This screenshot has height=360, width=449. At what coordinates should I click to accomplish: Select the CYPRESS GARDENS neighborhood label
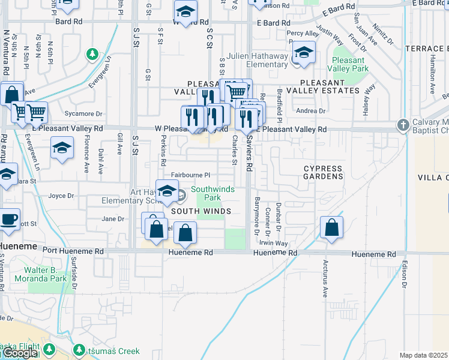point(323,173)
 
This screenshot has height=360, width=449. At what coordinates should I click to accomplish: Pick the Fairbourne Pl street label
point(190,175)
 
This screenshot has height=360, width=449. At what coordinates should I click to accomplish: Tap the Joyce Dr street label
point(61,196)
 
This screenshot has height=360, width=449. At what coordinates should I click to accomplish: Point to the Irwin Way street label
point(274,244)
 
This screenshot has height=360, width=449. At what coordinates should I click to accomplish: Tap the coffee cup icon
point(8,219)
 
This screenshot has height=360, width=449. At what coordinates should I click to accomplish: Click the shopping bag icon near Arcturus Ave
point(331,227)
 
